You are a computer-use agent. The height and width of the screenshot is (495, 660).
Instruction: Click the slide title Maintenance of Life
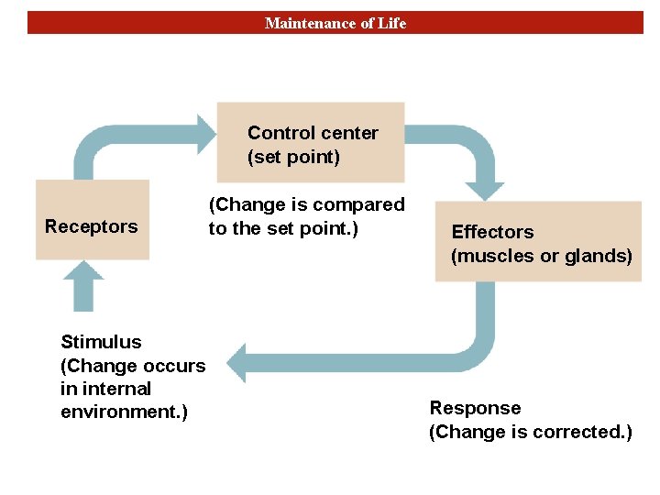pos(335,23)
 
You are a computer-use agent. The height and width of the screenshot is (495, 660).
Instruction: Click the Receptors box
pos(92,220)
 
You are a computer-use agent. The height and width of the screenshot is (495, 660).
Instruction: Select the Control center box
pos(311,142)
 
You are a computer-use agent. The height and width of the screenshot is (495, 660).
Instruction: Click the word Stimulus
pos(101,342)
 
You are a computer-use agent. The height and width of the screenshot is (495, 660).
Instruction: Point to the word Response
pos(475,408)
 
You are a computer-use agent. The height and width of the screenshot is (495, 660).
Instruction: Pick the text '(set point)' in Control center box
pos(293,157)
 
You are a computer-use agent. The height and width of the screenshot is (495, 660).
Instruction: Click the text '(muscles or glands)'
pos(541,256)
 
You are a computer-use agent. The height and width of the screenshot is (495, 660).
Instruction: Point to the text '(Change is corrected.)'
pos(530,432)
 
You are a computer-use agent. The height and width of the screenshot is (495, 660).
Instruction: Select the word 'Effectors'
pos(492,232)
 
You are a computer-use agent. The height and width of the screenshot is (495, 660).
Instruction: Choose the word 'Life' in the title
pos(390,23)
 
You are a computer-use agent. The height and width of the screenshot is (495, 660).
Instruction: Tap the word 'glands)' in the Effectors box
pos(601,256)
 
